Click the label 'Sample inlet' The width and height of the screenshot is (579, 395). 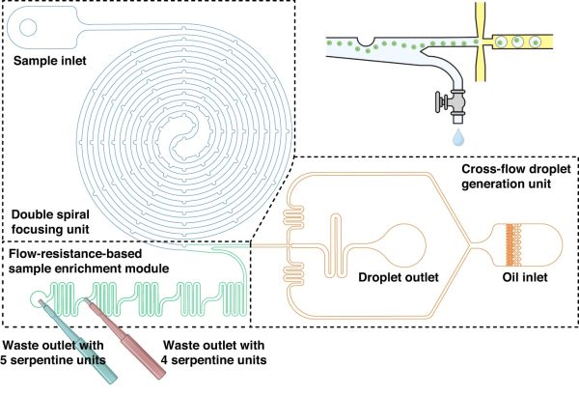[x=45, y=62]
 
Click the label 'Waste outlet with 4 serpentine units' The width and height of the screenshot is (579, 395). [x=215, y=353]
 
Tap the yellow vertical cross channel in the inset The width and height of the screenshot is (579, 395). [x=480, y=39]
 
